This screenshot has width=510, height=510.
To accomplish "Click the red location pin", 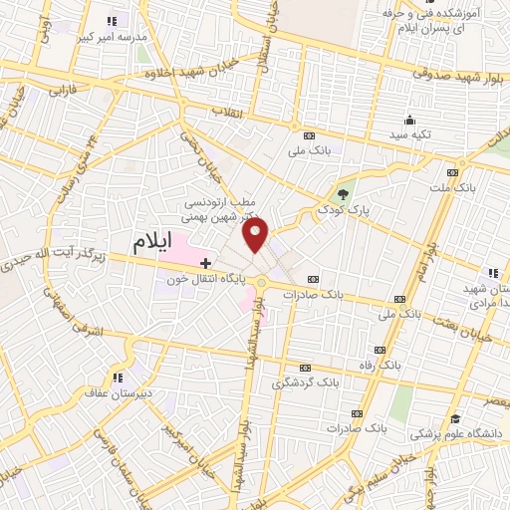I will click(x=257, y=235).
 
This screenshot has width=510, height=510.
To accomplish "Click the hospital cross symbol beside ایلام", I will click(x=205, y=264).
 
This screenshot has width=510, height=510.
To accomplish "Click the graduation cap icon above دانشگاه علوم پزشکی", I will click(x=455, y=419).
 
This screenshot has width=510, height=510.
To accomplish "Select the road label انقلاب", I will click(x=229, y=110).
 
